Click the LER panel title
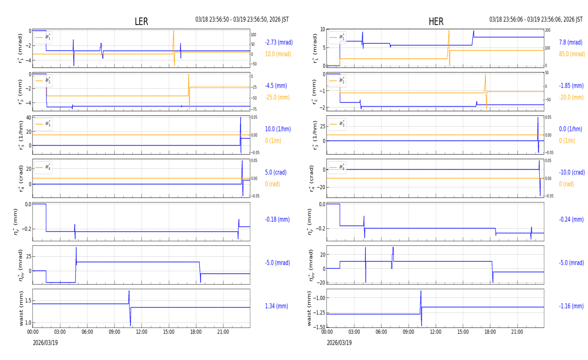pos(141,22)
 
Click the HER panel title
pos(436,22)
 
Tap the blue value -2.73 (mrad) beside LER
pos(279,42)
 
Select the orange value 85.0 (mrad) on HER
pos(572,54)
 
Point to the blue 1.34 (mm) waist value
pos(277,306)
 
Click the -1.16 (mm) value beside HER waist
pos(571,306)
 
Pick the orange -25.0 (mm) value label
pos(277,97)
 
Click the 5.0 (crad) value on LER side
pos(276,172)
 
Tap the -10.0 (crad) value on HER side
pos(571,172)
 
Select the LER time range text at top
pos(242,20)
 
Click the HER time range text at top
pos(536,20)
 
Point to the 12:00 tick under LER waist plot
pos(142,332)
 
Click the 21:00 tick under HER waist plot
pos(517,332)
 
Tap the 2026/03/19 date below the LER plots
pos(45,343)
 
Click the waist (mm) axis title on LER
pos(21,308)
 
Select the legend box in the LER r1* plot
pos(43,37)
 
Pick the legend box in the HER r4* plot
pos(337,167)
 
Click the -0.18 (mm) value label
pos(277,220)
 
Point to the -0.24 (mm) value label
pos(571,220)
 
